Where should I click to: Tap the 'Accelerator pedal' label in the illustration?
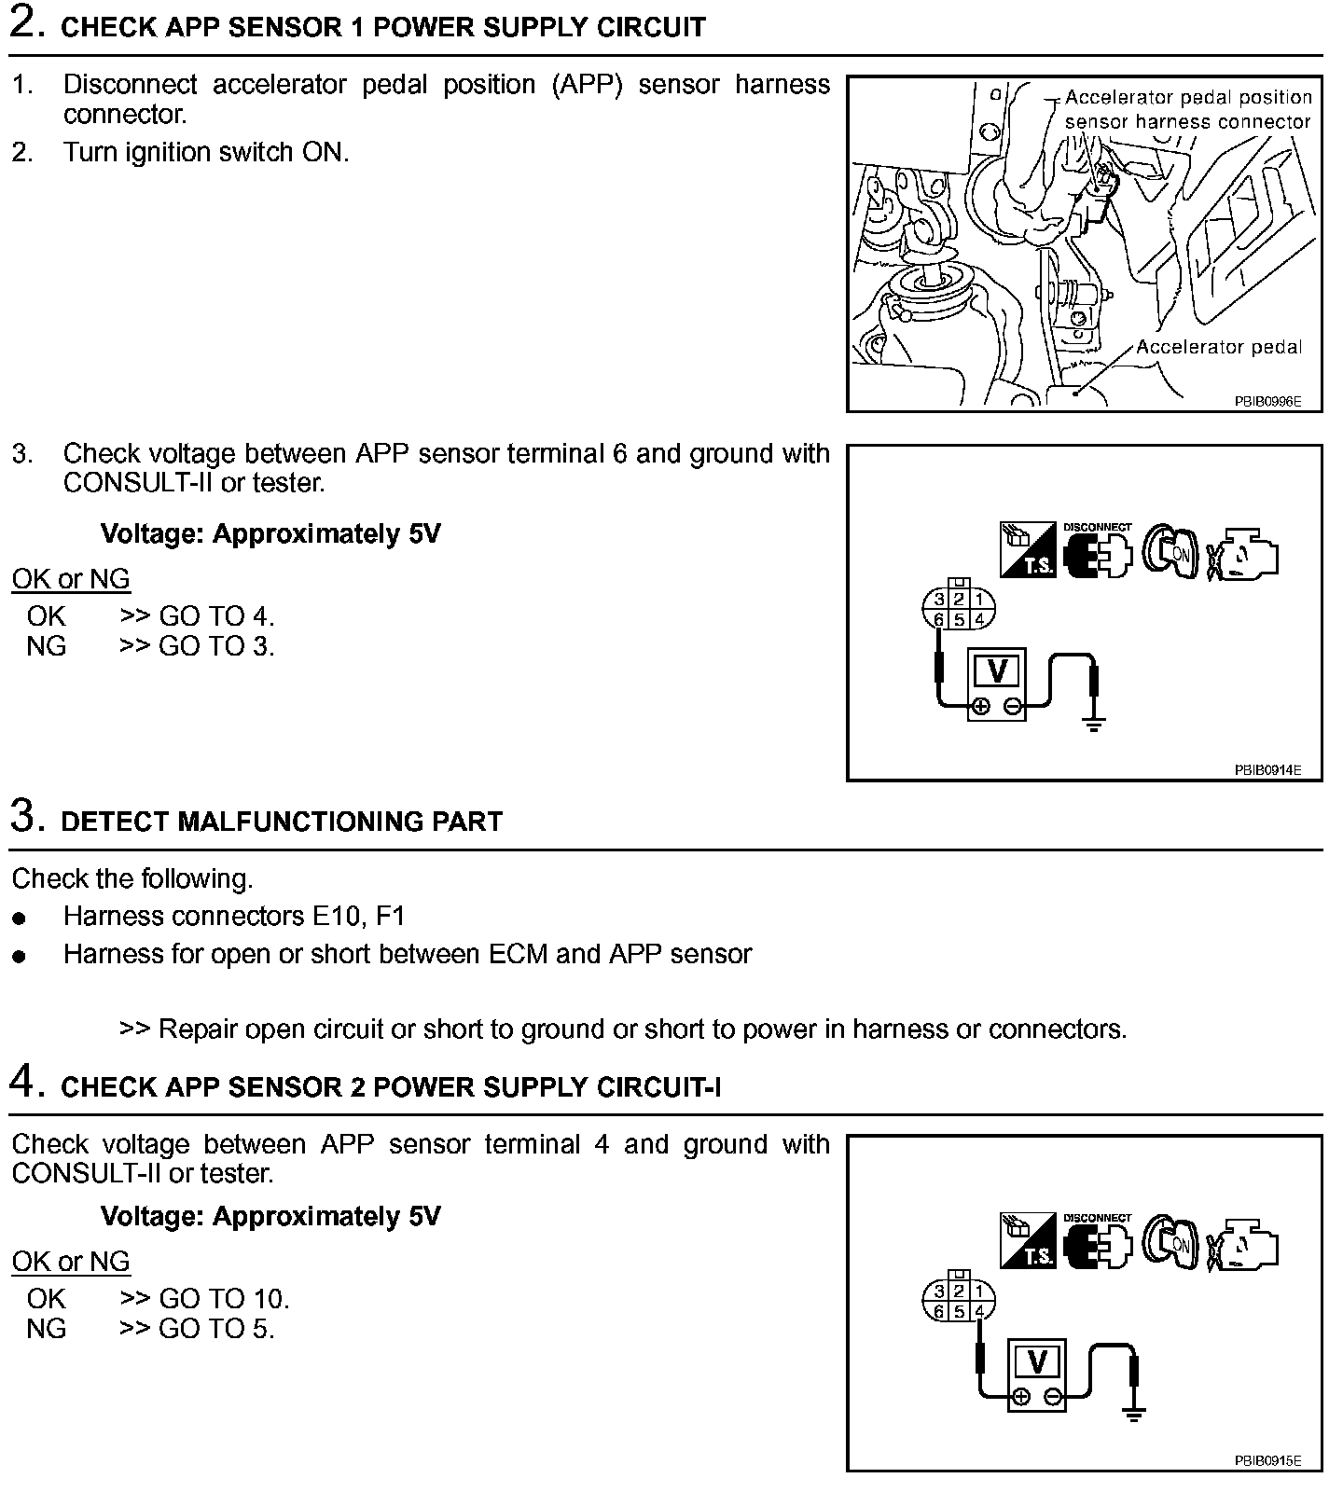1219,347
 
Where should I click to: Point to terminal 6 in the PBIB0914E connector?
939,620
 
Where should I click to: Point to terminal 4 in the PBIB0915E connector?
979,1312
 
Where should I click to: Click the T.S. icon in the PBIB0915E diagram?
1028,1240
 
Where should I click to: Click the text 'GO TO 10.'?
224,1298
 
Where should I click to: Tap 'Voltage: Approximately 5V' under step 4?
270,1216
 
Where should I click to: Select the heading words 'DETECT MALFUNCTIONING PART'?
282,822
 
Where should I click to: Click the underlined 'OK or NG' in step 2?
71,579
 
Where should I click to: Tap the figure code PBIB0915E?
1267,1461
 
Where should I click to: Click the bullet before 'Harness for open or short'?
20,957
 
